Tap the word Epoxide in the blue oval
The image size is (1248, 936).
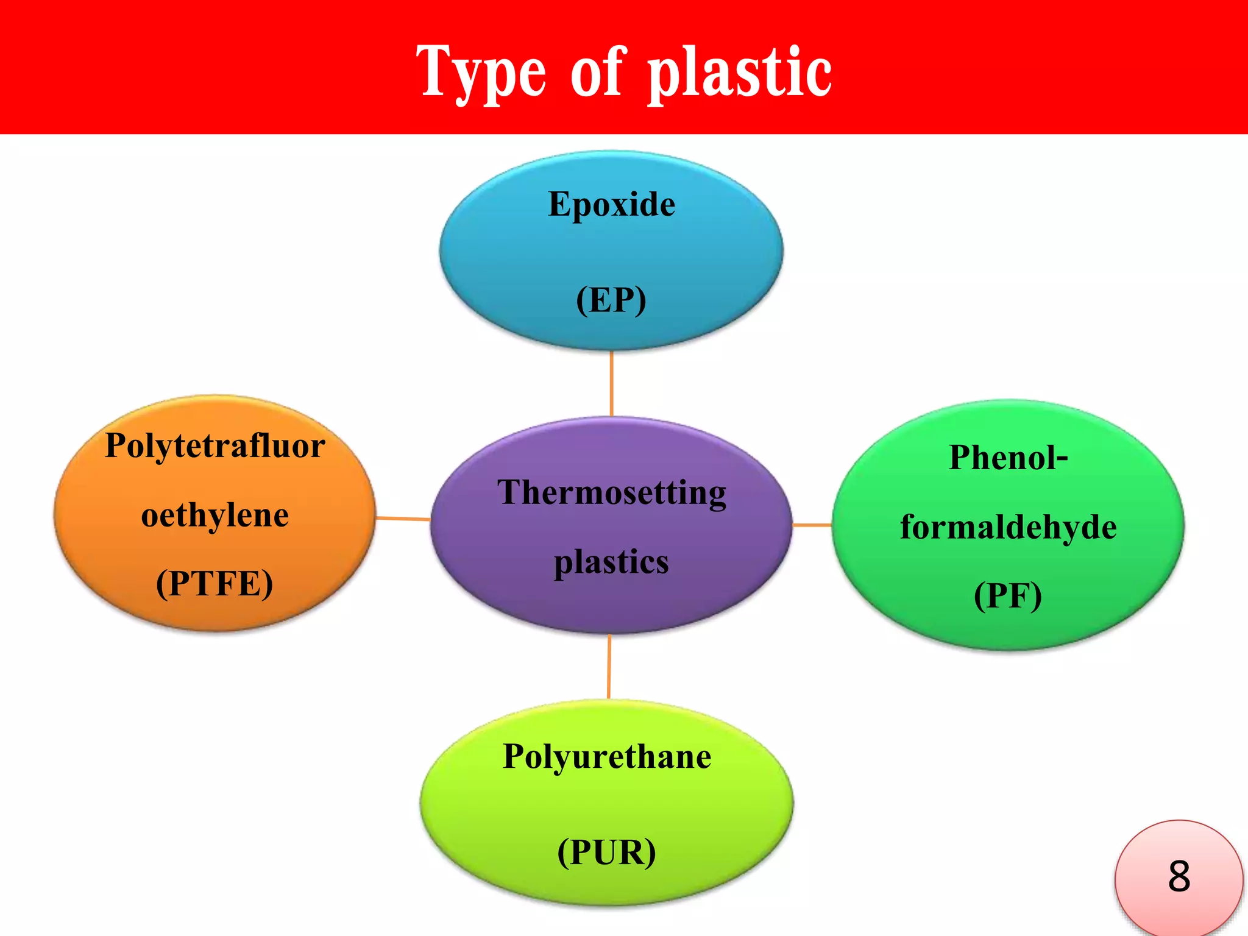coord(611,204)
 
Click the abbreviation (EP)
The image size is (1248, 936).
coord(611,300)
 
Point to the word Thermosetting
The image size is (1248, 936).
coord(612,492)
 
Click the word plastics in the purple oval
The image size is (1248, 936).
coord(611,562)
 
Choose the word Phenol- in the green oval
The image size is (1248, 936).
coord(1009,458)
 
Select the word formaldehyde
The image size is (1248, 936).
coord(1009,527)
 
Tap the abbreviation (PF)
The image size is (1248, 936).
coord(1008,596)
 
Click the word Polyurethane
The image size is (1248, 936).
coord(607,757)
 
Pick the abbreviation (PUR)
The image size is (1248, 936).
coord(607,853)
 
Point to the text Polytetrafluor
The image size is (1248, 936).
coord(215,445)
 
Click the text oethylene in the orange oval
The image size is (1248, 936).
coord(215,516)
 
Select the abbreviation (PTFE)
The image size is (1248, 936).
coord(214,584)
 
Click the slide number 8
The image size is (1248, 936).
coord(1179,876)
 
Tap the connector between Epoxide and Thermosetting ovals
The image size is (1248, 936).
coord(611,384)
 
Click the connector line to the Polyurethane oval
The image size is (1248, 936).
coord(609,667)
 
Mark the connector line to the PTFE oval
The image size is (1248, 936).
coord(403,519)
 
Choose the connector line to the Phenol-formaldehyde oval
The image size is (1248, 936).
coord(812,525)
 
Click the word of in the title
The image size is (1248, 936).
coord(597,73)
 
